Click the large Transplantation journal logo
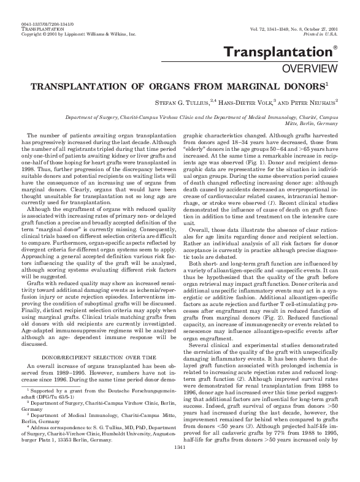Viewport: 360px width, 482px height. pos(293,53)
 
